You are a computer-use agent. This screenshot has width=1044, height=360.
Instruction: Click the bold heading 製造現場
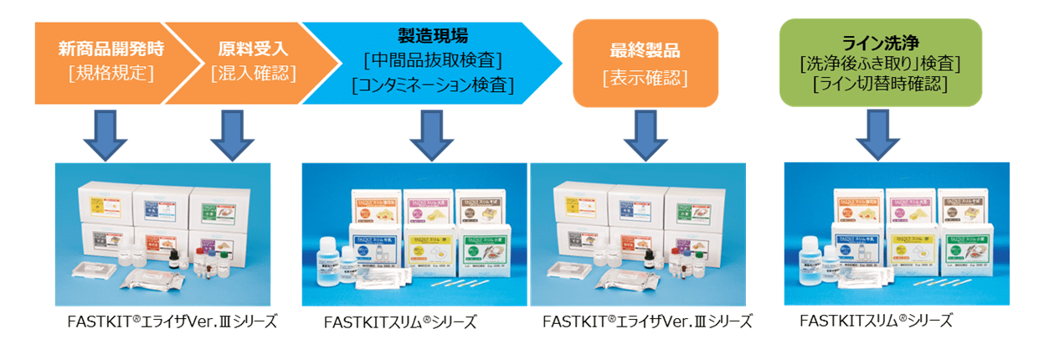(x=432, y=36)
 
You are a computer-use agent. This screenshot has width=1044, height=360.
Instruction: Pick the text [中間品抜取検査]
(x=432, y=60)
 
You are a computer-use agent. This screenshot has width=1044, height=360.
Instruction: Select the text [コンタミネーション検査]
(x=432, y=85)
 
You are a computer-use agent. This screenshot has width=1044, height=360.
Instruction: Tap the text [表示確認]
(x=645, y=78)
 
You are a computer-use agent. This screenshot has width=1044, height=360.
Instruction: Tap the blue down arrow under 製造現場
(x=432, y=135)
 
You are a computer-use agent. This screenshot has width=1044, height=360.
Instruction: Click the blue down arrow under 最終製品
(x=646, y=135)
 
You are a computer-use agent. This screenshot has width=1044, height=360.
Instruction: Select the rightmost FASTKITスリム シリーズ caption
(x=875, y=321)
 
